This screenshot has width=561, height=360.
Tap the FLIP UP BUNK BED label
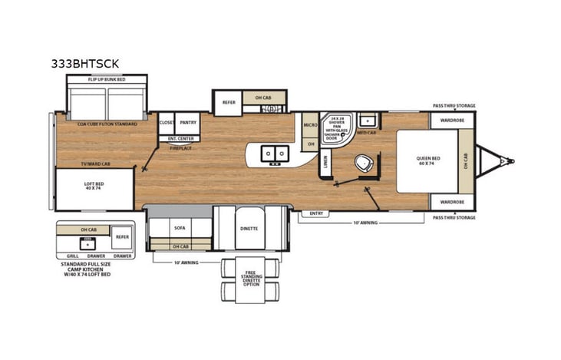[x=106, y=79]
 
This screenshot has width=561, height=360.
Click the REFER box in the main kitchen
[x=229, y=102]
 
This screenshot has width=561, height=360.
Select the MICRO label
[x=310, y=124]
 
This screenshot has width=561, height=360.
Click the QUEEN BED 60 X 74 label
[x=427, y=160]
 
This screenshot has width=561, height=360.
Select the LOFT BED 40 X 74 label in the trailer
[x=93, y=186]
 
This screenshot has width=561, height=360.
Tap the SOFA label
[x=180, y=228]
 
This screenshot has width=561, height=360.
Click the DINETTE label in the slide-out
[x=249, y=229]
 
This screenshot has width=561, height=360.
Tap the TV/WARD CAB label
[x=95, y=163]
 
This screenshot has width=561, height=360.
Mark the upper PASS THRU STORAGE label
[x=453, y=106]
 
